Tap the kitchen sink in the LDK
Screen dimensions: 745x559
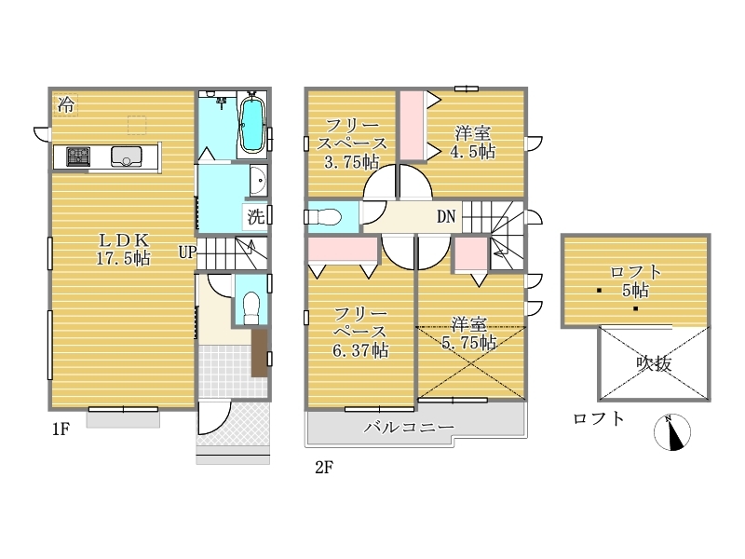127,157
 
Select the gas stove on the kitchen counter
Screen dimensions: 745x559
78,157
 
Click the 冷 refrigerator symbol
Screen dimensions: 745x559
65,104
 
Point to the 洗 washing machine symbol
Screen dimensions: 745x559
256,217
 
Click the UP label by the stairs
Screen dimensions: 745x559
187,252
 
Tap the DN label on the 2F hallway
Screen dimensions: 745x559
446,217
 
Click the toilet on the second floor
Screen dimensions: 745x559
323,217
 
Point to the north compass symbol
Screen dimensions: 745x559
672,432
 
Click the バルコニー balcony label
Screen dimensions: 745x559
409,427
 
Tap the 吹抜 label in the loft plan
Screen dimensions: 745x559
655,363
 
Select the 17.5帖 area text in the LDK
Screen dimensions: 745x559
124,259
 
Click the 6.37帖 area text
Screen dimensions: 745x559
360,351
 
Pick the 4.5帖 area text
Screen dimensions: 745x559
473,152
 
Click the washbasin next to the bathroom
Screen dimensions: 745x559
259,181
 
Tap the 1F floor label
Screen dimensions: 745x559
61,429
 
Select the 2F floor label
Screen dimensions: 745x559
324,468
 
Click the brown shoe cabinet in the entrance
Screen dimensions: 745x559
260,353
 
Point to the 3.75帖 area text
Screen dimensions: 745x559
352,162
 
